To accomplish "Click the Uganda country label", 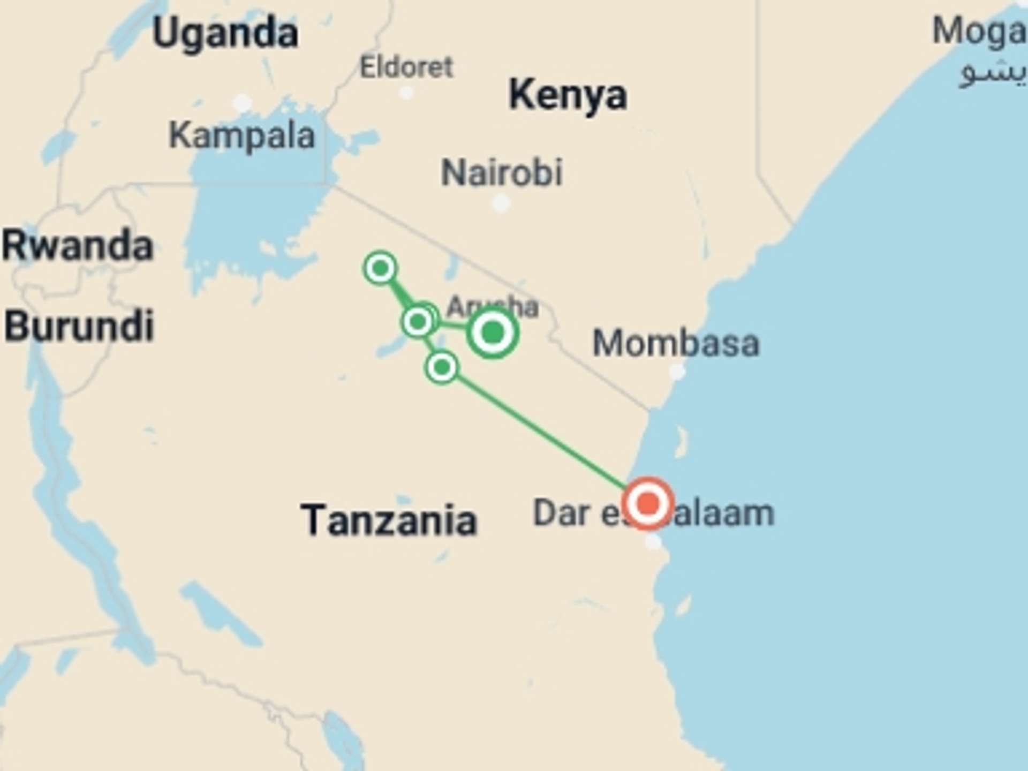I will click(225, 33).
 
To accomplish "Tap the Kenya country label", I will click(568, 95).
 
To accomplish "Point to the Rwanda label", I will click(78, 246).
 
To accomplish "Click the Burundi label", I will click(79, 326).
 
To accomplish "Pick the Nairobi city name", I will click(502, 172).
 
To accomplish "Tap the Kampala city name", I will click(241, 135).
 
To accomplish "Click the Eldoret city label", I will click(406, 67).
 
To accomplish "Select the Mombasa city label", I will click(676, 343).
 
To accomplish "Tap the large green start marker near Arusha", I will click(493, 332).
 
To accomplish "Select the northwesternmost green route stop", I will click(381, 267).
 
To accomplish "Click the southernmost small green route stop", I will click(442, 367).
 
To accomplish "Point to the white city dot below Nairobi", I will click(501, 203).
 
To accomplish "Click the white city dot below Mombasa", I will click(677, 371).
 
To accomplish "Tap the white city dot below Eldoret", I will click(407, 93).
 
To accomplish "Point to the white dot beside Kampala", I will click(242, 102).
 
